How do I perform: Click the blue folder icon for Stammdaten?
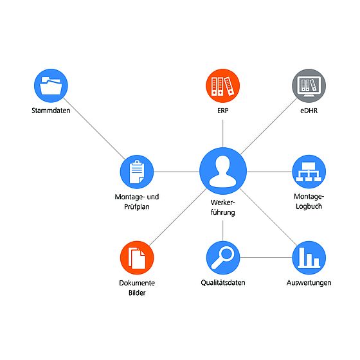pos(51,85)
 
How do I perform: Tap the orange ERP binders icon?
pos(222,85)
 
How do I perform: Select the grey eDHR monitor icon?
pos(309,85)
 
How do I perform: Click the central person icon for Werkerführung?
pos(223,171)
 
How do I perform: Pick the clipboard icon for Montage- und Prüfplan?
pos(137,172)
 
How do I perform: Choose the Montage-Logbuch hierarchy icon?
pos(309,172)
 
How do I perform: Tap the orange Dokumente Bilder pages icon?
pos(137,258)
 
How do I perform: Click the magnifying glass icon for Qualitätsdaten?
pos(222,258)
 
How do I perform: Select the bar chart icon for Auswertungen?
pos(309,258)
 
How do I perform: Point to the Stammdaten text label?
pos(51,111)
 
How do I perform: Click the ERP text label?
pos(222,111)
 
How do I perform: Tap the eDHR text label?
pos(309,111)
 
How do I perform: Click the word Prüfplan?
pos(137,206)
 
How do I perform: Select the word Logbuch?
pos(309,206)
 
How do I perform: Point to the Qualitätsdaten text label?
pos(223,283)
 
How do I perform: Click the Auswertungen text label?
pos(309,283)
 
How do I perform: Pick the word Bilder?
pos(137,292)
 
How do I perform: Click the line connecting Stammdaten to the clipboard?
pos(94,129)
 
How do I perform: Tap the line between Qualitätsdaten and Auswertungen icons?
pos(266,257)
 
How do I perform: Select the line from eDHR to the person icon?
pos(269,126)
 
